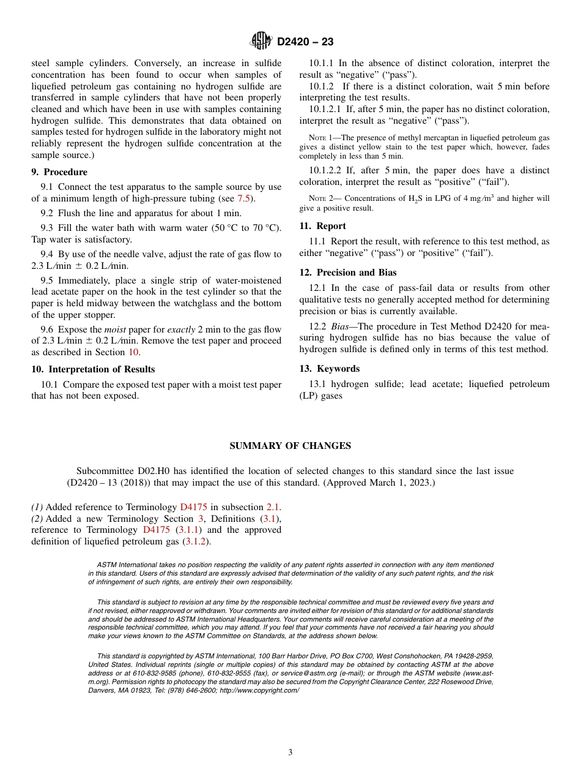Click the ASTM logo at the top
(x=261, y=41)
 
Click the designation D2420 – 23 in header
(x=305, y=42)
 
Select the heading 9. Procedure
(x=59, y=172)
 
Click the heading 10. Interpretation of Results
(x=93, y=369)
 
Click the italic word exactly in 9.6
(x=181, y=329)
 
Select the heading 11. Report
(x=322, y=226)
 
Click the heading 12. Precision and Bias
(x=347, y=273)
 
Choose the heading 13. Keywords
(x=329, y=369)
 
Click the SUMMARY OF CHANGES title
(x=290, y=446)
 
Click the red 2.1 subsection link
(x=273, y=507)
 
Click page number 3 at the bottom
(x=290, y=753)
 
